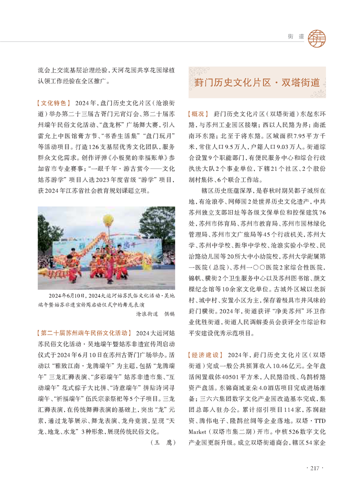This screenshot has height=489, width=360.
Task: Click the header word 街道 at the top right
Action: [x=295, y=35]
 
